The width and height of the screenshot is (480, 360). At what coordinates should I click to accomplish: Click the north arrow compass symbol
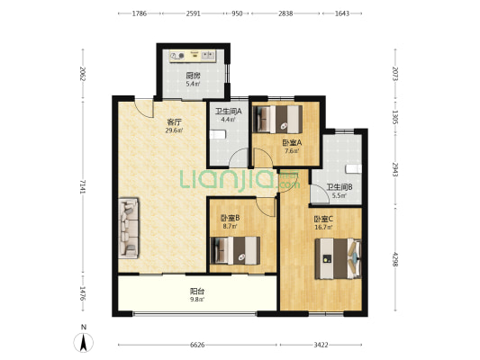(83, 342)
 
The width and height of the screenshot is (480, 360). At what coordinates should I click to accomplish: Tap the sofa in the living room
(129, 228)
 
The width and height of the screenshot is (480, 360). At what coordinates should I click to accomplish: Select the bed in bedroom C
(339, 259)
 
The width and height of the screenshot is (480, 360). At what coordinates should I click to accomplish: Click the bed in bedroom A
(279, 119)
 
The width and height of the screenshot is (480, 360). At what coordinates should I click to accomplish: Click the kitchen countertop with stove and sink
(193, 56)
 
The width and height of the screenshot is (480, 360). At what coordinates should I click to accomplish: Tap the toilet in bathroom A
(218, 135)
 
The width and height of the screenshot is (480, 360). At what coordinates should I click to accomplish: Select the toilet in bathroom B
(354, 169)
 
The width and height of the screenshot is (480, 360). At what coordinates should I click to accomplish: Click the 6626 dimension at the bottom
(197, 345)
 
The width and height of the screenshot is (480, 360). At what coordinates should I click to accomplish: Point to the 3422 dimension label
(321, 345)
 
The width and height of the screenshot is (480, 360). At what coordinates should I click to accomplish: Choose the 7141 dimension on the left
(83, 186)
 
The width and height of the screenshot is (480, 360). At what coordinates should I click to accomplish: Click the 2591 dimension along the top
(193, 13)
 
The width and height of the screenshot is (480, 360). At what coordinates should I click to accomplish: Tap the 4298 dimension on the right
(395, 259)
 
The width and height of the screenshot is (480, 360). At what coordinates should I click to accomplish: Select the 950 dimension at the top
(237, 13)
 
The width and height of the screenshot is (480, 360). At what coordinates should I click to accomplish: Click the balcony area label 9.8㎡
(197, 300)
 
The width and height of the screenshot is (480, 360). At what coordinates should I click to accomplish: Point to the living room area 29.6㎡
(174, 130)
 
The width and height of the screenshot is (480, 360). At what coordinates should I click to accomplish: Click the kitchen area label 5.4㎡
(193, 84)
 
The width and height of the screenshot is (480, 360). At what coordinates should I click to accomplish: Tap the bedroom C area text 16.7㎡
(323, 228)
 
